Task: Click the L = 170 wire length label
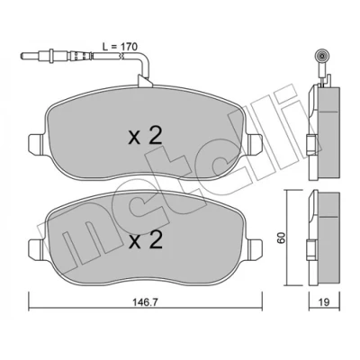click(x=120, y=47)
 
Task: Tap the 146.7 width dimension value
click(x=146, y=302)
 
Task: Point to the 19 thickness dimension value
click(x=324, y=302)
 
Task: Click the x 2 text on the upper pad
click(x=146, y=137)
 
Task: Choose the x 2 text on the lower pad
click(x=146, y=241)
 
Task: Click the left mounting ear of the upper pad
click(x=37, y=142)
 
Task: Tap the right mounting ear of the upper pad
click(x=255, y=142)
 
